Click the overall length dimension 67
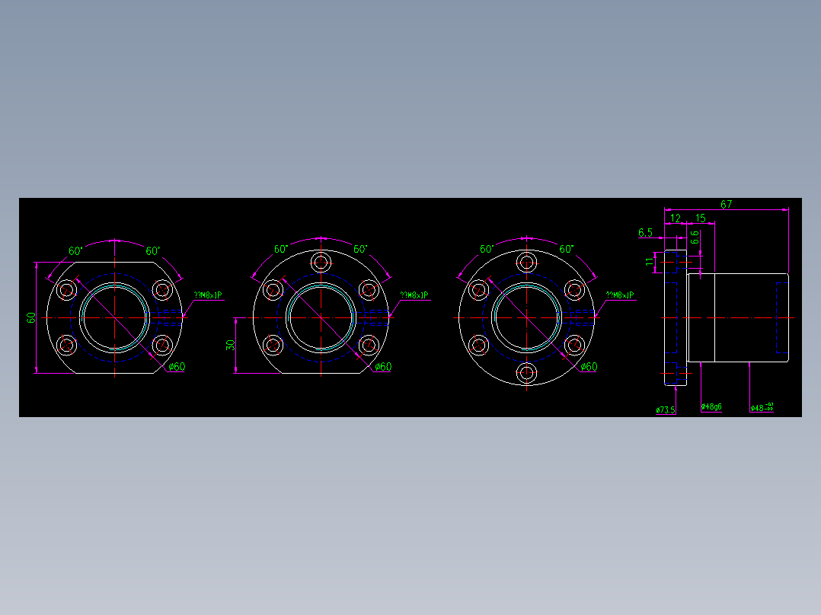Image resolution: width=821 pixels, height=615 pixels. click(x=726, y=204)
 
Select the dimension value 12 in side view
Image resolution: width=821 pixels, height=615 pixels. click(x=675, y=218)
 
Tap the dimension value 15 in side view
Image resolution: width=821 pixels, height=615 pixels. click(x=701, y=218)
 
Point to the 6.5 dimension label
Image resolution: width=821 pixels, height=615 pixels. click(x=646, y=232)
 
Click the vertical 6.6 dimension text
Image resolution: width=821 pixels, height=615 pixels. click(x=695, y=237)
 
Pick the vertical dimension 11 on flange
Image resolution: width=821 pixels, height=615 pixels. click(x=650, y=262)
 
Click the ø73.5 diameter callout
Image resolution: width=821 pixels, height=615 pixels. click(x=665, y=410)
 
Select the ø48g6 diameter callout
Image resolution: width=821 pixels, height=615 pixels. click(x=711, y=407)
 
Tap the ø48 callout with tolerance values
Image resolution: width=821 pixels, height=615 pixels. click(x=762, y=408)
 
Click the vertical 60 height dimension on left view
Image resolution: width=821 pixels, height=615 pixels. click(x=31, y=317)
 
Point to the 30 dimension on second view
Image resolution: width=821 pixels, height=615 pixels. click(x=231, y=345)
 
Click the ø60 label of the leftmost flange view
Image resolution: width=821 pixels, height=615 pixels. click(x=176, y=367)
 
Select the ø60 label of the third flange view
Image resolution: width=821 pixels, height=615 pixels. click(x=589, y=367)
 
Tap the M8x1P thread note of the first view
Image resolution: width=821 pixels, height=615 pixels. click(x=208, y=295)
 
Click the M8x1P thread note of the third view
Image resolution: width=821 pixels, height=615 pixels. click(x=620, y=295)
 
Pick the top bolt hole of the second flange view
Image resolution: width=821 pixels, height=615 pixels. click(x=321, y=263)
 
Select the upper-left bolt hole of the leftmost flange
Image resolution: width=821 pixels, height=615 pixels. click(x=67, y=289)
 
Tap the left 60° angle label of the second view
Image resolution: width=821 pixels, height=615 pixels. click(x=281, y=249)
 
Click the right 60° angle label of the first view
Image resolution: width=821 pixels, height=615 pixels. click(x=153, y=250)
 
